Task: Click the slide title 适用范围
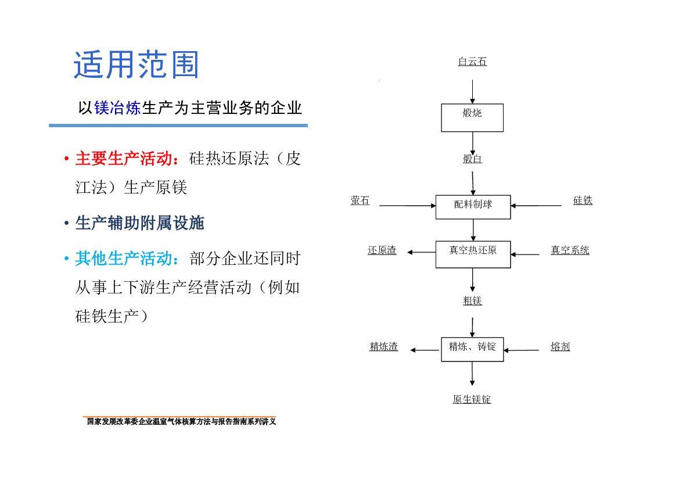(136, 65)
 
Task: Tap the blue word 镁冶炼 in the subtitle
(117, 108)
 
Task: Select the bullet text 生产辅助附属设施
(139, 223)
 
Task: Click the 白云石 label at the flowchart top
(472, 62)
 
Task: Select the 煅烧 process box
(472, 117)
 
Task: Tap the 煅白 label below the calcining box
(472, 159)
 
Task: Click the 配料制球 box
(473, 207)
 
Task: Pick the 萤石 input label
(360, 201)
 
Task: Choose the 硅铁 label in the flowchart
(583, 200)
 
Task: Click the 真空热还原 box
(473, 254)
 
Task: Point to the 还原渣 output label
(382, 250)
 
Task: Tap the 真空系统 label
(570, 250)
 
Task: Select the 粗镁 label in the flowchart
(472, 300)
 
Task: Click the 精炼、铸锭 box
(472, 349)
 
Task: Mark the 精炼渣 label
(384, 347)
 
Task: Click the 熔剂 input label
(561, 347)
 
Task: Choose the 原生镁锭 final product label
(472, 399)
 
